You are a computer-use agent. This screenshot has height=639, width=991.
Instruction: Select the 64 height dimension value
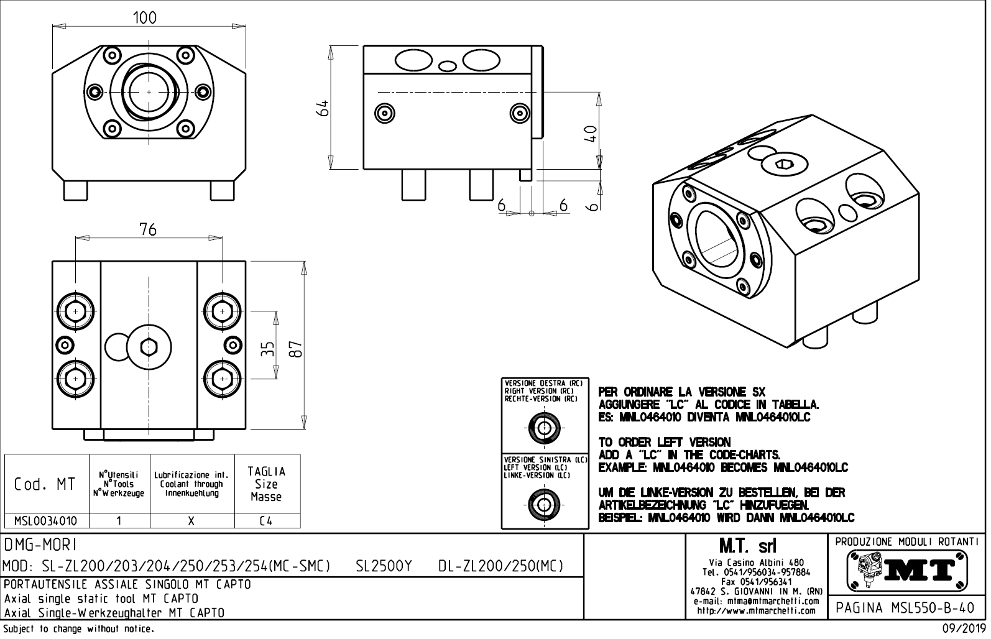pos(323,107)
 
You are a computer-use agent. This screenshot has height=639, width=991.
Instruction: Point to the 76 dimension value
pos(148,229)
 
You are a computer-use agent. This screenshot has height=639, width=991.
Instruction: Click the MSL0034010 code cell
pos(46,521)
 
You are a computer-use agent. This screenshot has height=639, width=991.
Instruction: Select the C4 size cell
pos(266,521)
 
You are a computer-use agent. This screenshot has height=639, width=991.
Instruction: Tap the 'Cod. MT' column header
pos(45,484)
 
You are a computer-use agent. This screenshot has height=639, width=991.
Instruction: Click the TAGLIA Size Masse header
pos(266,484)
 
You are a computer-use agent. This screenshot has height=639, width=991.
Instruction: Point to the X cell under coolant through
pos(191,521)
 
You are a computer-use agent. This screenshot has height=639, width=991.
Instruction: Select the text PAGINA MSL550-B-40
pos(907,607)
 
